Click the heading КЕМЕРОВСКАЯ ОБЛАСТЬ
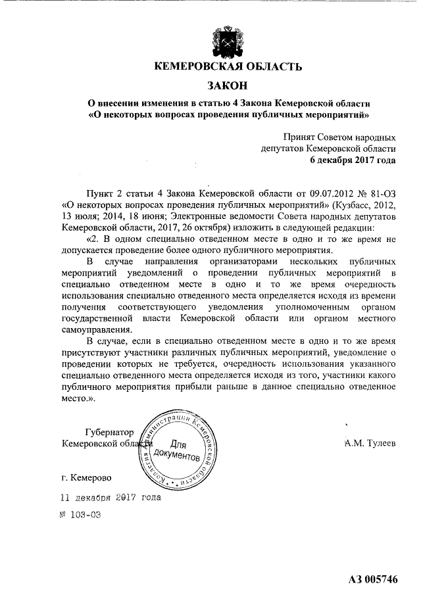(x=228, y=67)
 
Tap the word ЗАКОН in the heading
(x=228, y=85)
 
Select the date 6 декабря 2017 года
(x=353, y=160)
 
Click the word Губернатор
(x=109, y=432)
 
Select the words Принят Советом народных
(x=339, y=137)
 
